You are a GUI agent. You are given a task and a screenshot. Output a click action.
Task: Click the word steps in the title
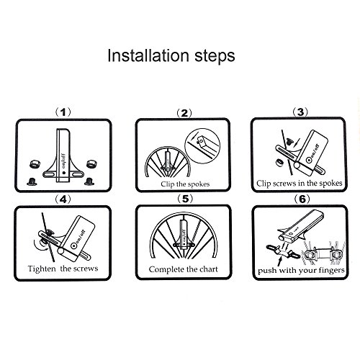(215, 57)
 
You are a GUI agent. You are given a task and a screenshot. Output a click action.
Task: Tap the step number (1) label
(63, 112)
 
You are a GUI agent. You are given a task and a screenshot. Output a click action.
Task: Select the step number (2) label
(184, 113)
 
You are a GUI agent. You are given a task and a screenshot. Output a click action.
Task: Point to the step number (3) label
(300, 112)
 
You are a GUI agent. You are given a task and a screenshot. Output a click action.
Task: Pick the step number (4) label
(63, 199)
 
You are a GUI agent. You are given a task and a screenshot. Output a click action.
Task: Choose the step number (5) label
(185, 199)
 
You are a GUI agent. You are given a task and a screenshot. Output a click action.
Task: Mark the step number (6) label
(302, 199)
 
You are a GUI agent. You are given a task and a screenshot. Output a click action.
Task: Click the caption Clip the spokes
(185, 184)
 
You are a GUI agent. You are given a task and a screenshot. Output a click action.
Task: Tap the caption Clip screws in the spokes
(300, 184)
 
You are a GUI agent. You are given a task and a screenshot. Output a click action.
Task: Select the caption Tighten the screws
(63, 269)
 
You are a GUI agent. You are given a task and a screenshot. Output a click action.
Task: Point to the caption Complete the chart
(184, 269)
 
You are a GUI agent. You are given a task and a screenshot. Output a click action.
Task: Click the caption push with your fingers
(301, 271)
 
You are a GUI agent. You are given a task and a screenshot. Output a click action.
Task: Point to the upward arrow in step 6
(280, 261)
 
